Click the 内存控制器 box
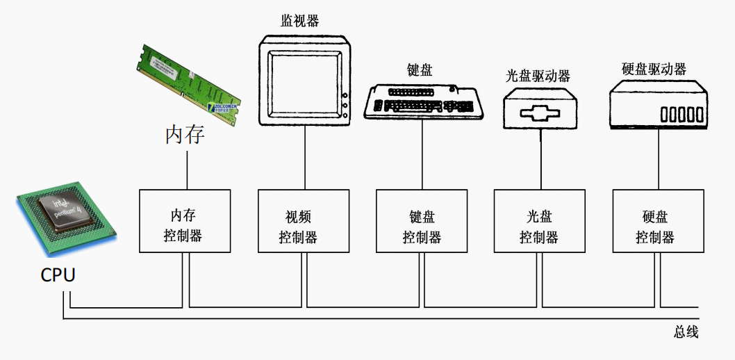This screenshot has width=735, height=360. [x=185, y=220]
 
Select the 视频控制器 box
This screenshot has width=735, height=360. [x=303, y=220]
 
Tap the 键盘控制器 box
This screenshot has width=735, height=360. [x=422, y=220]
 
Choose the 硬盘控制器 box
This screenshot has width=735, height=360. [x=655, y=220]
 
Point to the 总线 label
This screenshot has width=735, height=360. [x=686, y=332]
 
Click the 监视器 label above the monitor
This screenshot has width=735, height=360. [x=300, y=21]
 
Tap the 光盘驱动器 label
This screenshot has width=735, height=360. [x=538, y=75]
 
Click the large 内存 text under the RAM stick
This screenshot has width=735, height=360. [x=185, y=134]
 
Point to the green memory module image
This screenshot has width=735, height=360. [x=188, y=83]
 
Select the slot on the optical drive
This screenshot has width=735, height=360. [x=539, y=114]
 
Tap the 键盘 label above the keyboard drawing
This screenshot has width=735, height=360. [x=420, y=69]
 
